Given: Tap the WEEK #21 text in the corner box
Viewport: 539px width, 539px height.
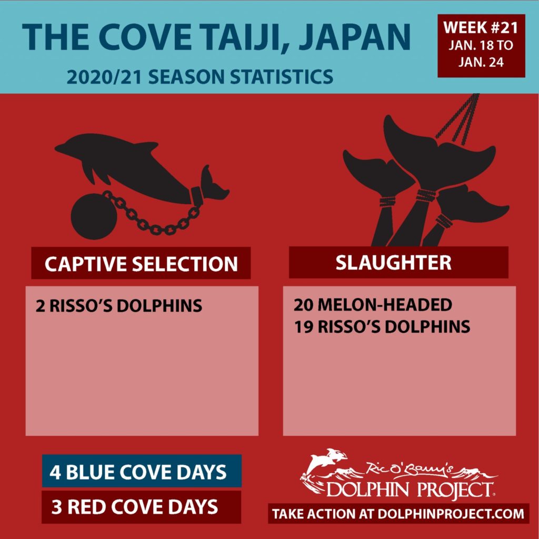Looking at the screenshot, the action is pyautogui.click(x=481, y=28).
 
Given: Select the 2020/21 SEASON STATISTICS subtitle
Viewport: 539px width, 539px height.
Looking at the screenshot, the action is pyautogui.click(x=199, y=77).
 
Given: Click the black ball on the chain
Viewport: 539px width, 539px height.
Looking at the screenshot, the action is pyautogui.click(x=94, y=216).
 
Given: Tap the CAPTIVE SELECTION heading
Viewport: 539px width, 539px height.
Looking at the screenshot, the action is pyautogui.click(x=141, y=264).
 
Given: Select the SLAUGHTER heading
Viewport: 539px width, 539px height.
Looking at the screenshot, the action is pyautogui.click(x=394, y=263).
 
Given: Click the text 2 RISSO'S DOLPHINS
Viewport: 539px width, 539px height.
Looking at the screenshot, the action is pyautogui.click(x=119, y=306).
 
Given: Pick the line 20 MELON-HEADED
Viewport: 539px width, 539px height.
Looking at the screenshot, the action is pyautogui.click(x=373, y=305).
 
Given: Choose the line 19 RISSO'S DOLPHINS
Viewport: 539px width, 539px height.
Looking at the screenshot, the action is pyautogui.click(x=382, y=326).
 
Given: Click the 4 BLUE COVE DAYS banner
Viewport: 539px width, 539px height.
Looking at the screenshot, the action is pyautogui.click(x=142, y=471).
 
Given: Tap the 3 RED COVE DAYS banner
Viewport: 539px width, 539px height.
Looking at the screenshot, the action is pyautogui.click(x=141, y=507).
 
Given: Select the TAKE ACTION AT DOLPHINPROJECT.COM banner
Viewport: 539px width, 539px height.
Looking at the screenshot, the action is pyautogui.click(x=398, y=514).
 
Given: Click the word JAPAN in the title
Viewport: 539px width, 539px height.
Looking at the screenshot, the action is pyautogui.click(x=355, y=37).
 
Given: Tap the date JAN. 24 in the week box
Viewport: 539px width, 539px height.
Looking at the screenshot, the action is pyautogui.click(x=481, y=62).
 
